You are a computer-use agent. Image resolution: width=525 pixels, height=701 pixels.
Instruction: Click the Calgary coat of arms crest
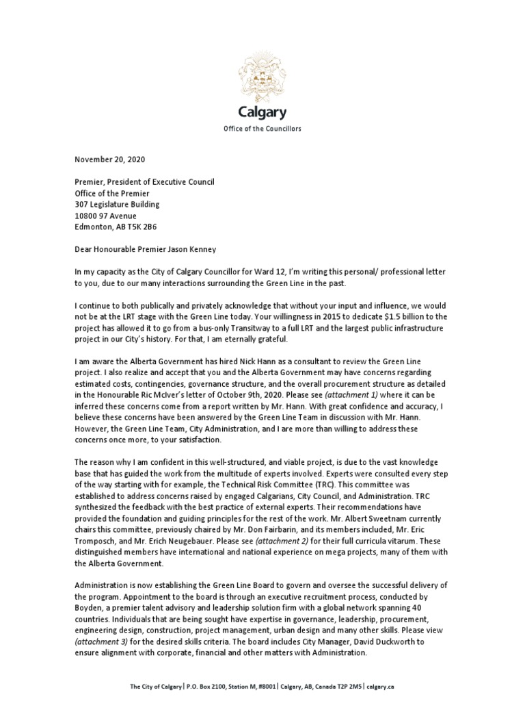(262, 77)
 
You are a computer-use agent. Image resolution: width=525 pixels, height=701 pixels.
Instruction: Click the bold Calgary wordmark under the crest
(262, 112)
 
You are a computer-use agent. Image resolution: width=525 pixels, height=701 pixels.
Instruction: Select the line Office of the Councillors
(262, 129)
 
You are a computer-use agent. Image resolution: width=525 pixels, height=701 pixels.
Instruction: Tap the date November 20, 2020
(109, 160)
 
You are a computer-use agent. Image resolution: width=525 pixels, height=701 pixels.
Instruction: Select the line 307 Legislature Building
(117, 204)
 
